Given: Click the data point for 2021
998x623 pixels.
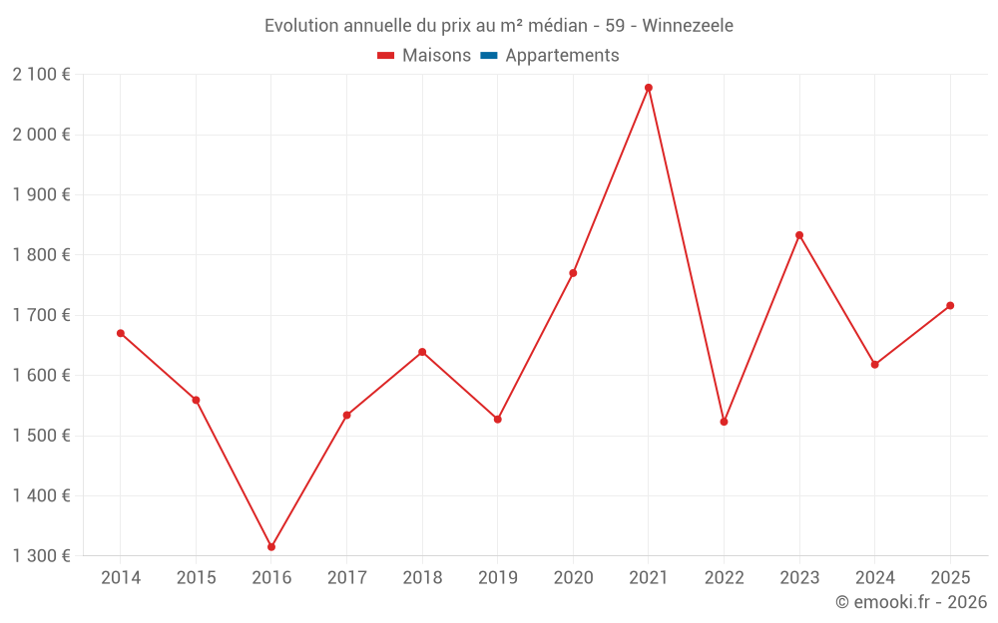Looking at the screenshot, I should (x=649, y=88).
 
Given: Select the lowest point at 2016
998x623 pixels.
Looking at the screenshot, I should (x=271, y=547).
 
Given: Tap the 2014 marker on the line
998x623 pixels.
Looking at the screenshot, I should (x=121, y=333).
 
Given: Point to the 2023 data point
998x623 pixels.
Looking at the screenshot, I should (x=799, y=235).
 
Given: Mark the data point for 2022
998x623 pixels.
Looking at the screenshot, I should (x=724, y=422).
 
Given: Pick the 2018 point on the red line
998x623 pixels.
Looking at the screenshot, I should (x=422, y=352).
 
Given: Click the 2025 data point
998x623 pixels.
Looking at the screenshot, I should (x=950, y=305).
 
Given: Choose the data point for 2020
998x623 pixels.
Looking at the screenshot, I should (x=573, y=273).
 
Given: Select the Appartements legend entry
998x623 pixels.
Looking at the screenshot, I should (x=562, y=56).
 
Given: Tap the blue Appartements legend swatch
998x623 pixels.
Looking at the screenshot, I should (x=489, y=56).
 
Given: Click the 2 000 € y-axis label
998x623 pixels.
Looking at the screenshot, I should (x=42, y=135).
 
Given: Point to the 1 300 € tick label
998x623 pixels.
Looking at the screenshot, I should (x=42, y=556).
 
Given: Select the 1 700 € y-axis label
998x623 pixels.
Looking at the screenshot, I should (x=42, y=315).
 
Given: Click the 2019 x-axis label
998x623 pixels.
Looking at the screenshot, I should (x=497, y=578).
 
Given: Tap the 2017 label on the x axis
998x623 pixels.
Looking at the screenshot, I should (x=346, y=578).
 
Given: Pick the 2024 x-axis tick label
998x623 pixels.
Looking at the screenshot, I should (x=874, y=578).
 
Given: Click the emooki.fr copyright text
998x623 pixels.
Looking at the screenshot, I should (x=911, y=602).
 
